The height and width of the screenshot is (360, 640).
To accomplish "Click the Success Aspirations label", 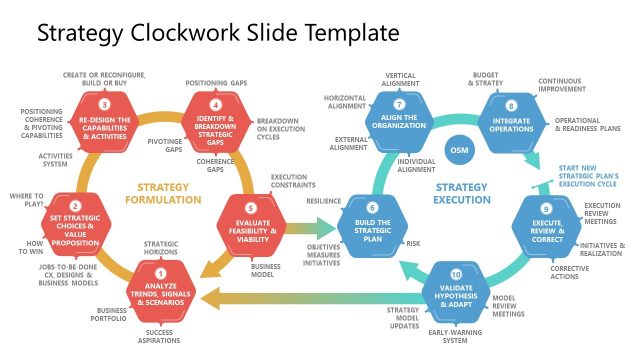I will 159,338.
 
